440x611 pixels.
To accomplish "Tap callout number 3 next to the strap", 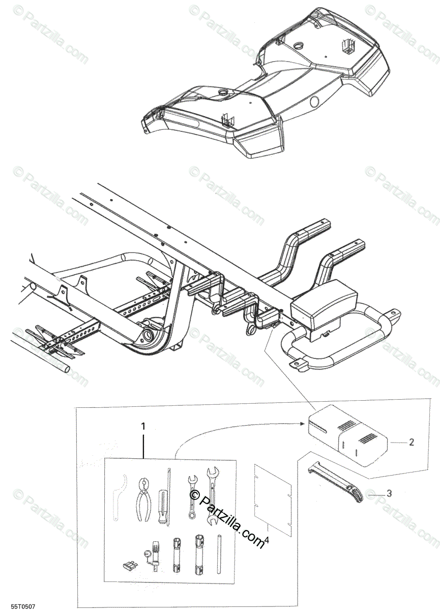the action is click(x=389, y=493).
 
